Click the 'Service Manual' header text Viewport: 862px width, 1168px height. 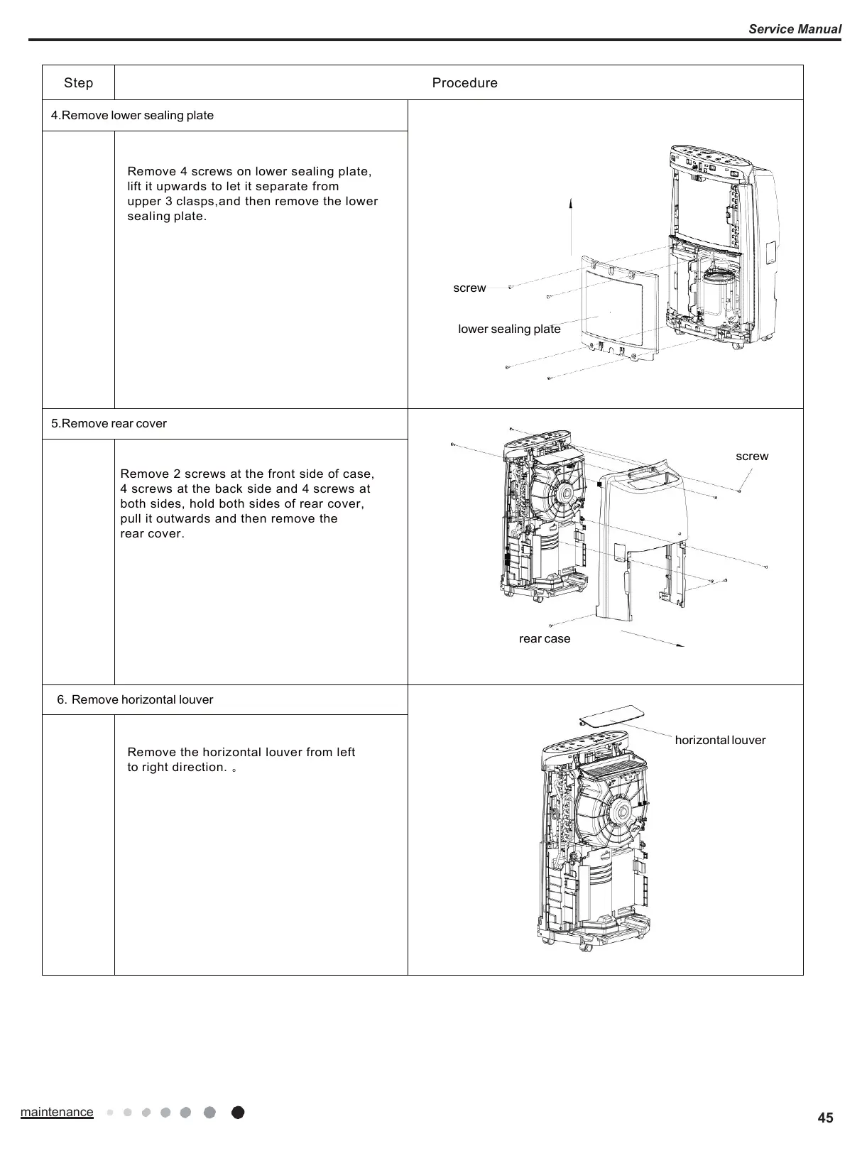pos(795,29)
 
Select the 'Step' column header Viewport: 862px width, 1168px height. pos(78,83)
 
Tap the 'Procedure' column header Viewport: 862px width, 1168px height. pos(464,83)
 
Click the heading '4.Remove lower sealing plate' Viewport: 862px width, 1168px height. pos(132,116)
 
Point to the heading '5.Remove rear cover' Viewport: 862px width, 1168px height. pos(109,424)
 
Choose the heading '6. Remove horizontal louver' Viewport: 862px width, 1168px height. pos(135,700)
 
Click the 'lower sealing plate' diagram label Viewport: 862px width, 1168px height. pos(509,329)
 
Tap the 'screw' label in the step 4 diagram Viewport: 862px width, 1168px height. pos(469,288)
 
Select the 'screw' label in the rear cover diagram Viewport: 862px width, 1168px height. pos(752,457)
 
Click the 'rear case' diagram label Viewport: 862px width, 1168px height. pos(545,639)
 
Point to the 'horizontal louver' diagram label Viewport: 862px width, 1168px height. pos(720,741)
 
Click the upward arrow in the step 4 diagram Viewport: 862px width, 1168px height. pos(571,226)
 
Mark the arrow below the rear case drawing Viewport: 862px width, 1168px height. pos(652,638)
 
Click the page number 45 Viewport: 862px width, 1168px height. pos(825,1118)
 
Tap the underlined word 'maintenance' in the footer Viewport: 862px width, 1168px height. pos(57,1112)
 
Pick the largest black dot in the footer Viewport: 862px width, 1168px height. pos(238,1113)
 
